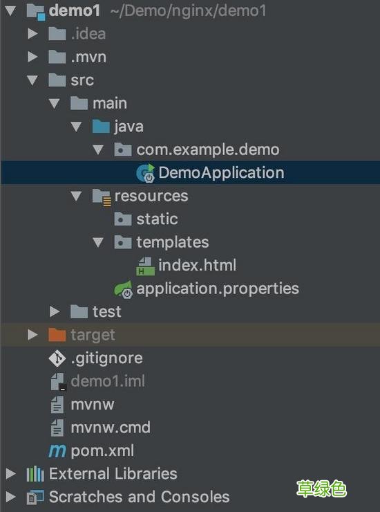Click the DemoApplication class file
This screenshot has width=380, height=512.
221,173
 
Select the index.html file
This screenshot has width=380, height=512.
197,265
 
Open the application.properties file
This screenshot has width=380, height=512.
218,289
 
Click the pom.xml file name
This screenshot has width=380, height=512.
102,451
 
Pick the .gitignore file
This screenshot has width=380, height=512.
106,358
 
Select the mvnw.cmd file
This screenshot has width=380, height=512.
111,428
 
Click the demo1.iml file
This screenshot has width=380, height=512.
108,381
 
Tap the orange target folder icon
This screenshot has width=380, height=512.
57,335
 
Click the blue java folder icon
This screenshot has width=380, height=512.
101,127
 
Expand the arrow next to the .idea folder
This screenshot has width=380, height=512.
32,34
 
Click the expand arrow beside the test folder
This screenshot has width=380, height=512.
55,312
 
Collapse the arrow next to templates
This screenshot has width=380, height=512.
98,242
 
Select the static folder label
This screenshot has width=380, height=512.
157,219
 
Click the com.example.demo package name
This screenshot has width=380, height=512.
208,150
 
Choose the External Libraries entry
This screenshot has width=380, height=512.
113,474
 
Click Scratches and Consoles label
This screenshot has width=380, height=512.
140,497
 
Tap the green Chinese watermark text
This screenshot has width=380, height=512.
321,488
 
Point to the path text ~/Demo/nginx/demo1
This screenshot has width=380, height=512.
188,11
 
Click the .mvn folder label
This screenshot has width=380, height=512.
88,57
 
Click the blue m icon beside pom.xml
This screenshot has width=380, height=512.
57,451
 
